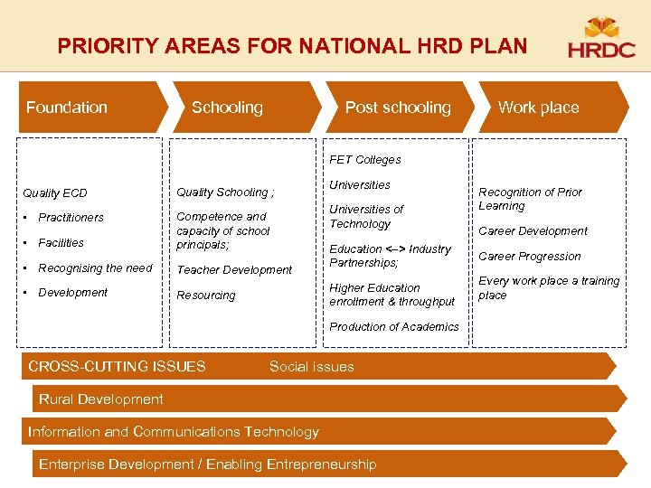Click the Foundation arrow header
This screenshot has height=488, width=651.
[67, 108]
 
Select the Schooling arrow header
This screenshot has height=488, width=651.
[227, 108]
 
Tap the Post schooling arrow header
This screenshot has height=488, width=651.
[398, 108]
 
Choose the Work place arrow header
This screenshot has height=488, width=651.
[538, 108]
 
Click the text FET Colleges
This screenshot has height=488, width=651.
[365, 160]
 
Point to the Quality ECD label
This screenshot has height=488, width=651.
[54, 192]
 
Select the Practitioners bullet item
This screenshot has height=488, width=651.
[71, 218]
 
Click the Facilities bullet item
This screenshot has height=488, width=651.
[61, 243]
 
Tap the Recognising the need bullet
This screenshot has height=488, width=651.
[95, 268]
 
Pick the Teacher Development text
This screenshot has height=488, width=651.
[234, 269]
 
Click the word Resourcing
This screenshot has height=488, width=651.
[205, 296]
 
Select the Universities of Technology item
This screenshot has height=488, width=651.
[366, 217]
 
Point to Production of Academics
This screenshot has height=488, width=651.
[394, 327]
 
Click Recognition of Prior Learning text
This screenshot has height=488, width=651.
[530, 199]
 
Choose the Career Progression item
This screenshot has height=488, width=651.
[530, 257]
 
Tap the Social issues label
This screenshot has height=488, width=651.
[312, 367]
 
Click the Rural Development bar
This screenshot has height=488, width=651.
[100, 399]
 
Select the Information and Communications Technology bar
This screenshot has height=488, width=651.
[174, 432]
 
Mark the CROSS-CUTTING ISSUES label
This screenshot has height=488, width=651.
[117, 367]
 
